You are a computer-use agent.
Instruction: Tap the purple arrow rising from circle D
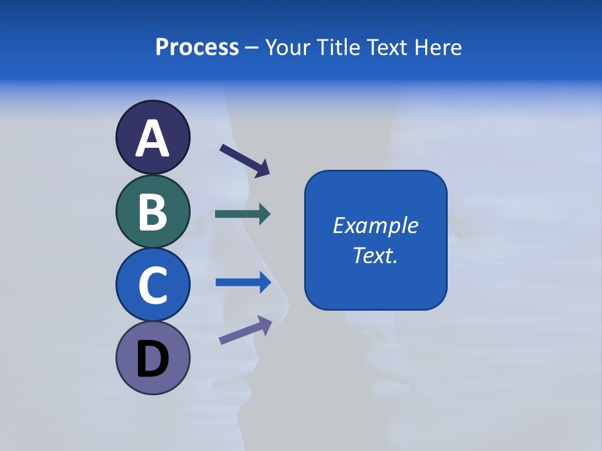coord(245,330)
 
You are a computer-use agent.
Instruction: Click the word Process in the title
coord(197,48)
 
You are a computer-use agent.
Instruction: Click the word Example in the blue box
coord(376,225)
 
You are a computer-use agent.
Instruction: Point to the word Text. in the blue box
coord(376,256)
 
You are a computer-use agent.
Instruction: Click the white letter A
coord(152,139)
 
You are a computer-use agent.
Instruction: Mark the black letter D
coord(152,360)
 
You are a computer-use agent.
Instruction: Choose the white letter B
coord(152,212)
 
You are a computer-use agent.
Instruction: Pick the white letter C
coord(152,285)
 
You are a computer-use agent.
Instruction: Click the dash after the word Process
coord(252,48)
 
